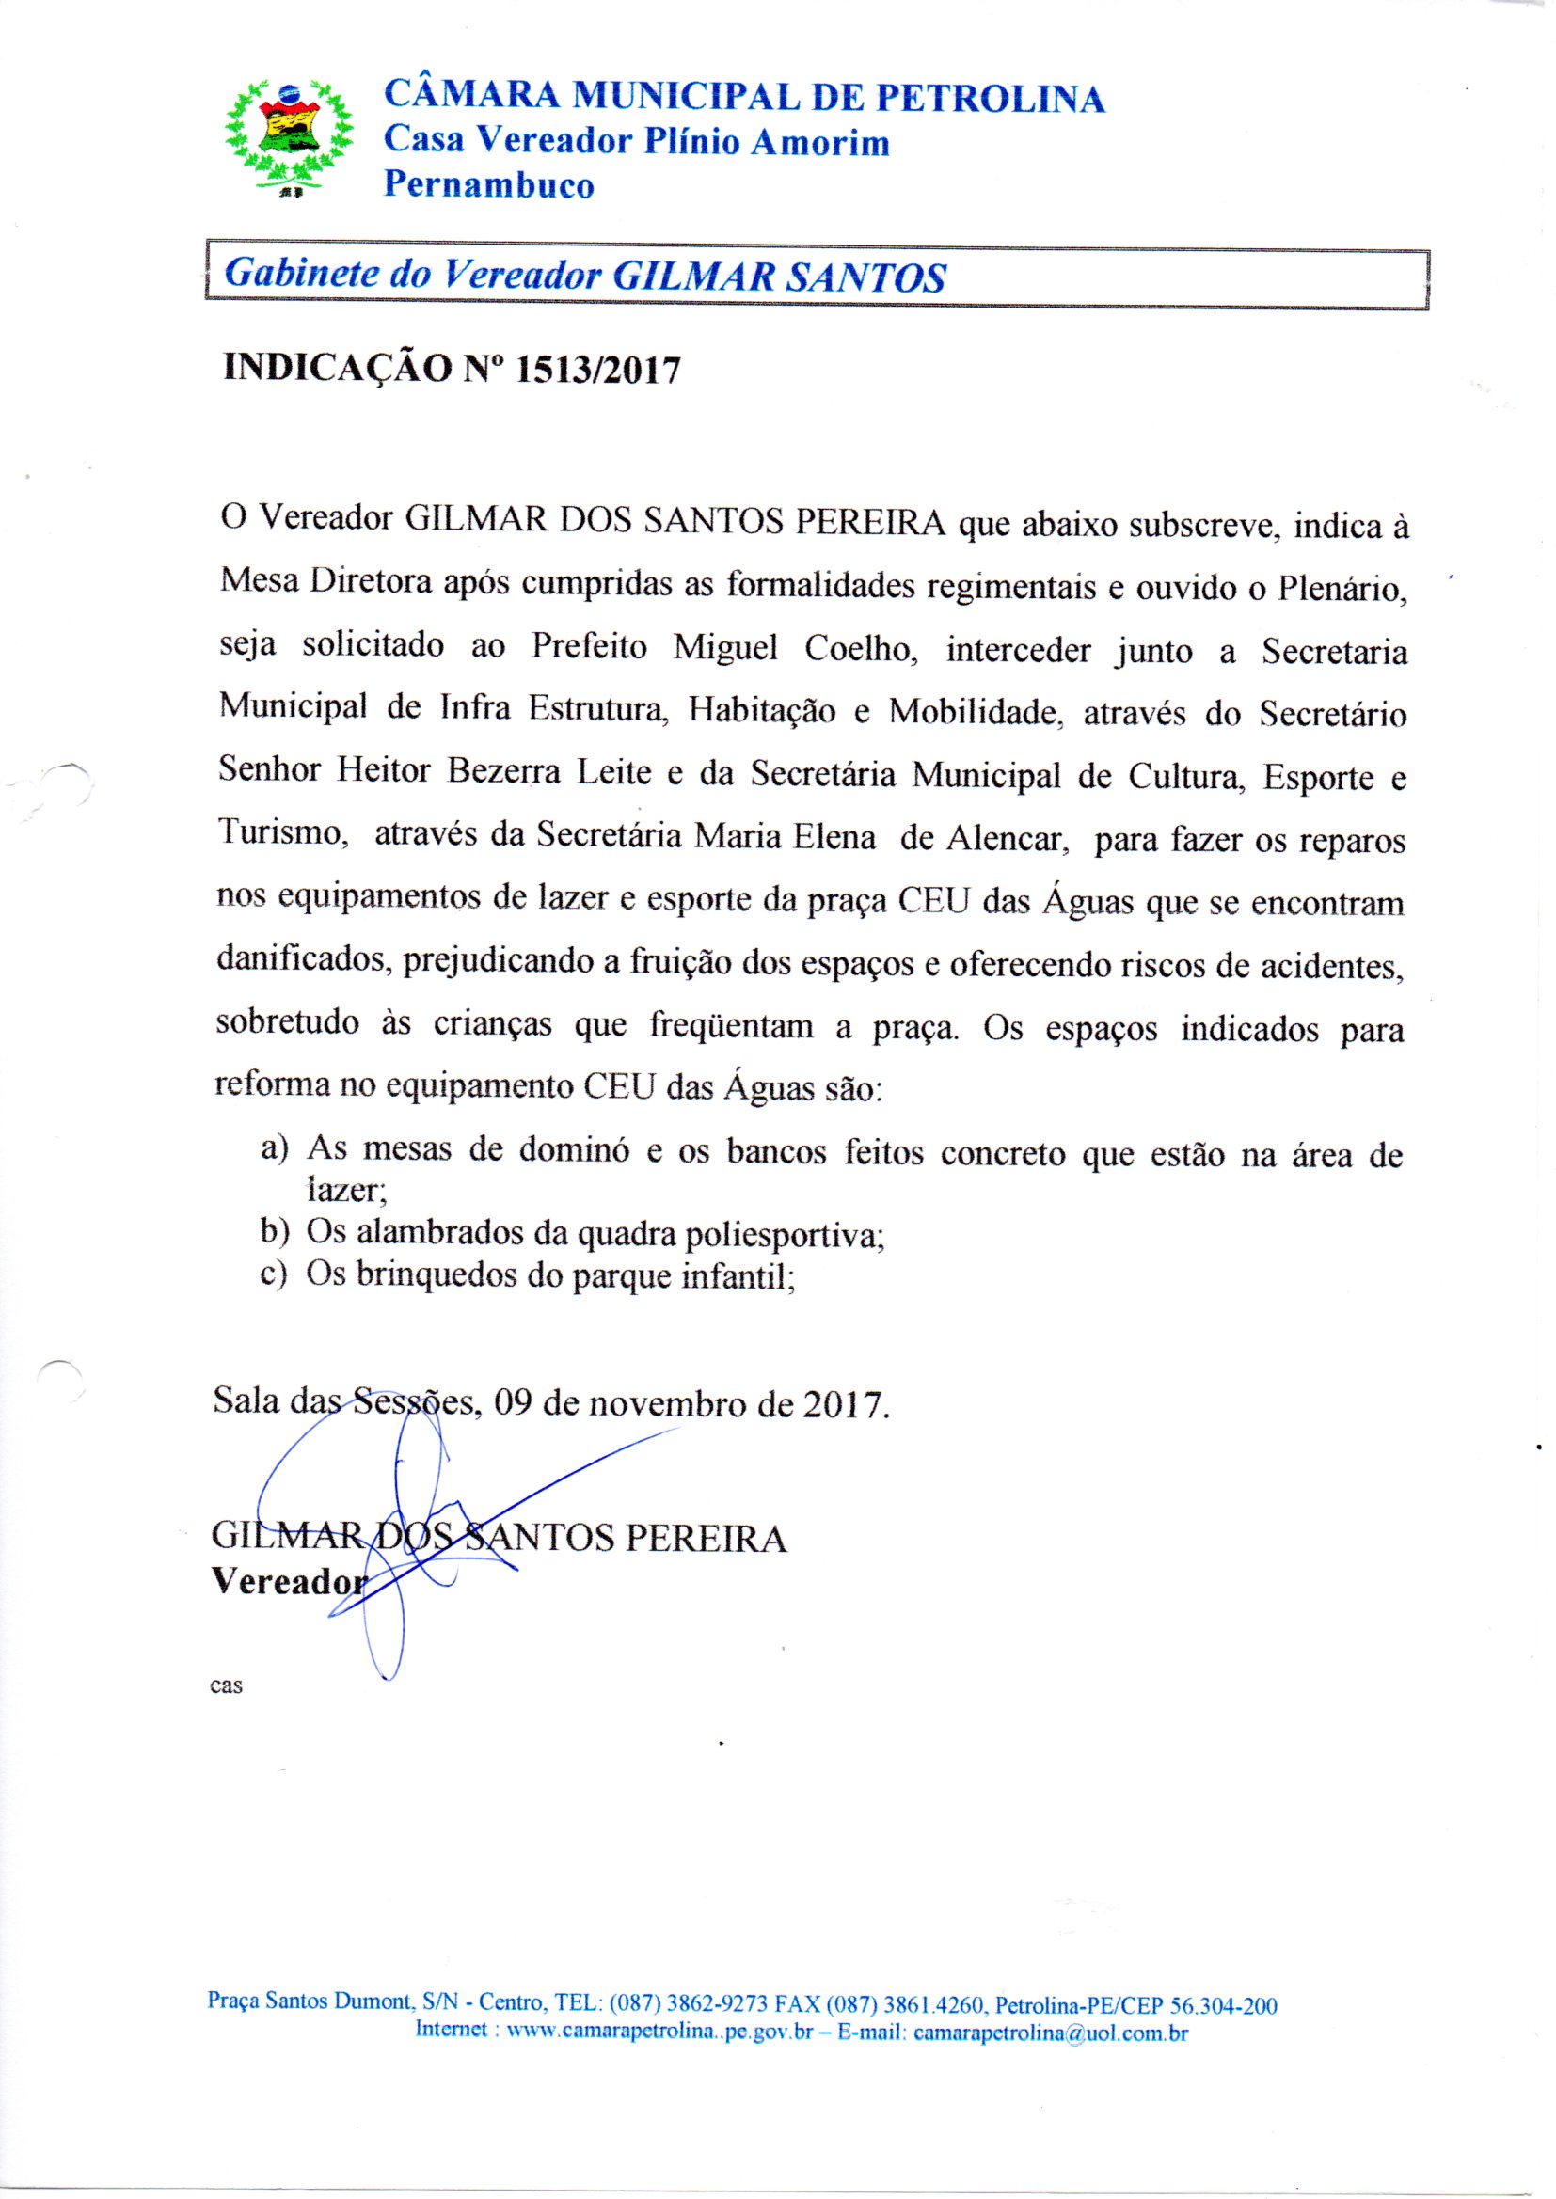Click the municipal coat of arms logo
click(289, 137)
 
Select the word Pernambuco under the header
click(488, 185)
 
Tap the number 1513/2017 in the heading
click(598, 370)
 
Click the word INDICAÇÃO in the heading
click(336, 369)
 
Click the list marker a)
click(274, 1148)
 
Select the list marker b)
click(274, 1233)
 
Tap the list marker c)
click(274, 1275)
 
